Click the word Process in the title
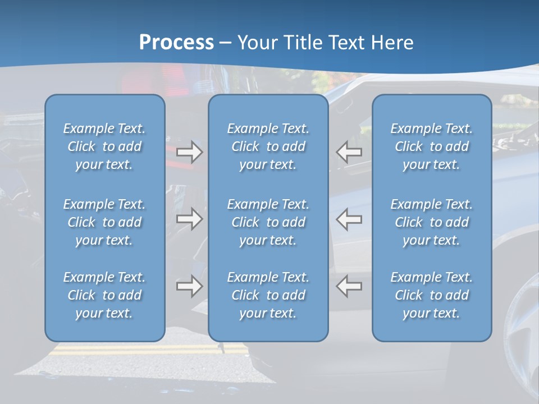(176, 43)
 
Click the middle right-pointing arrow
(190, 219)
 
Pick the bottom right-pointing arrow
(190, 286)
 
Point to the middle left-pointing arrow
(349, 219)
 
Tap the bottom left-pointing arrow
(349, 286)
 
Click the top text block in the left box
(104, 146)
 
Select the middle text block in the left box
(104, 222)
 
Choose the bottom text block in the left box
(104, 295)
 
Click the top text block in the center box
(268, 146)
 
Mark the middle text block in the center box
(268, 222)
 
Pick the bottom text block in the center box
(268, 295)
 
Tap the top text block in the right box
(432, 146)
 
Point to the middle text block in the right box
(432, 222)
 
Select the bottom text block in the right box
(432, 295)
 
